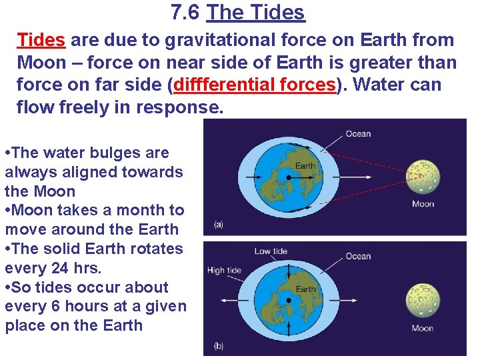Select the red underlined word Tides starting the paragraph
click(41, 40)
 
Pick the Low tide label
click(271, 251)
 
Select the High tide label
click(225, 271)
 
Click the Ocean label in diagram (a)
click(358, 134)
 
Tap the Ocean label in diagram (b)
click(358, 256)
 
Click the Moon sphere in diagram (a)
click(423, 176)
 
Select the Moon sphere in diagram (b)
click(423, 300)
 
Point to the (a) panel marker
click(218, 225)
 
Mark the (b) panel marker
click(218, 345)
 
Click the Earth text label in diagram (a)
click(305, 165)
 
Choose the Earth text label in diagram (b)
click(306, 289)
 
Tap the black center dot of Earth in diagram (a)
click(288, 177)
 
